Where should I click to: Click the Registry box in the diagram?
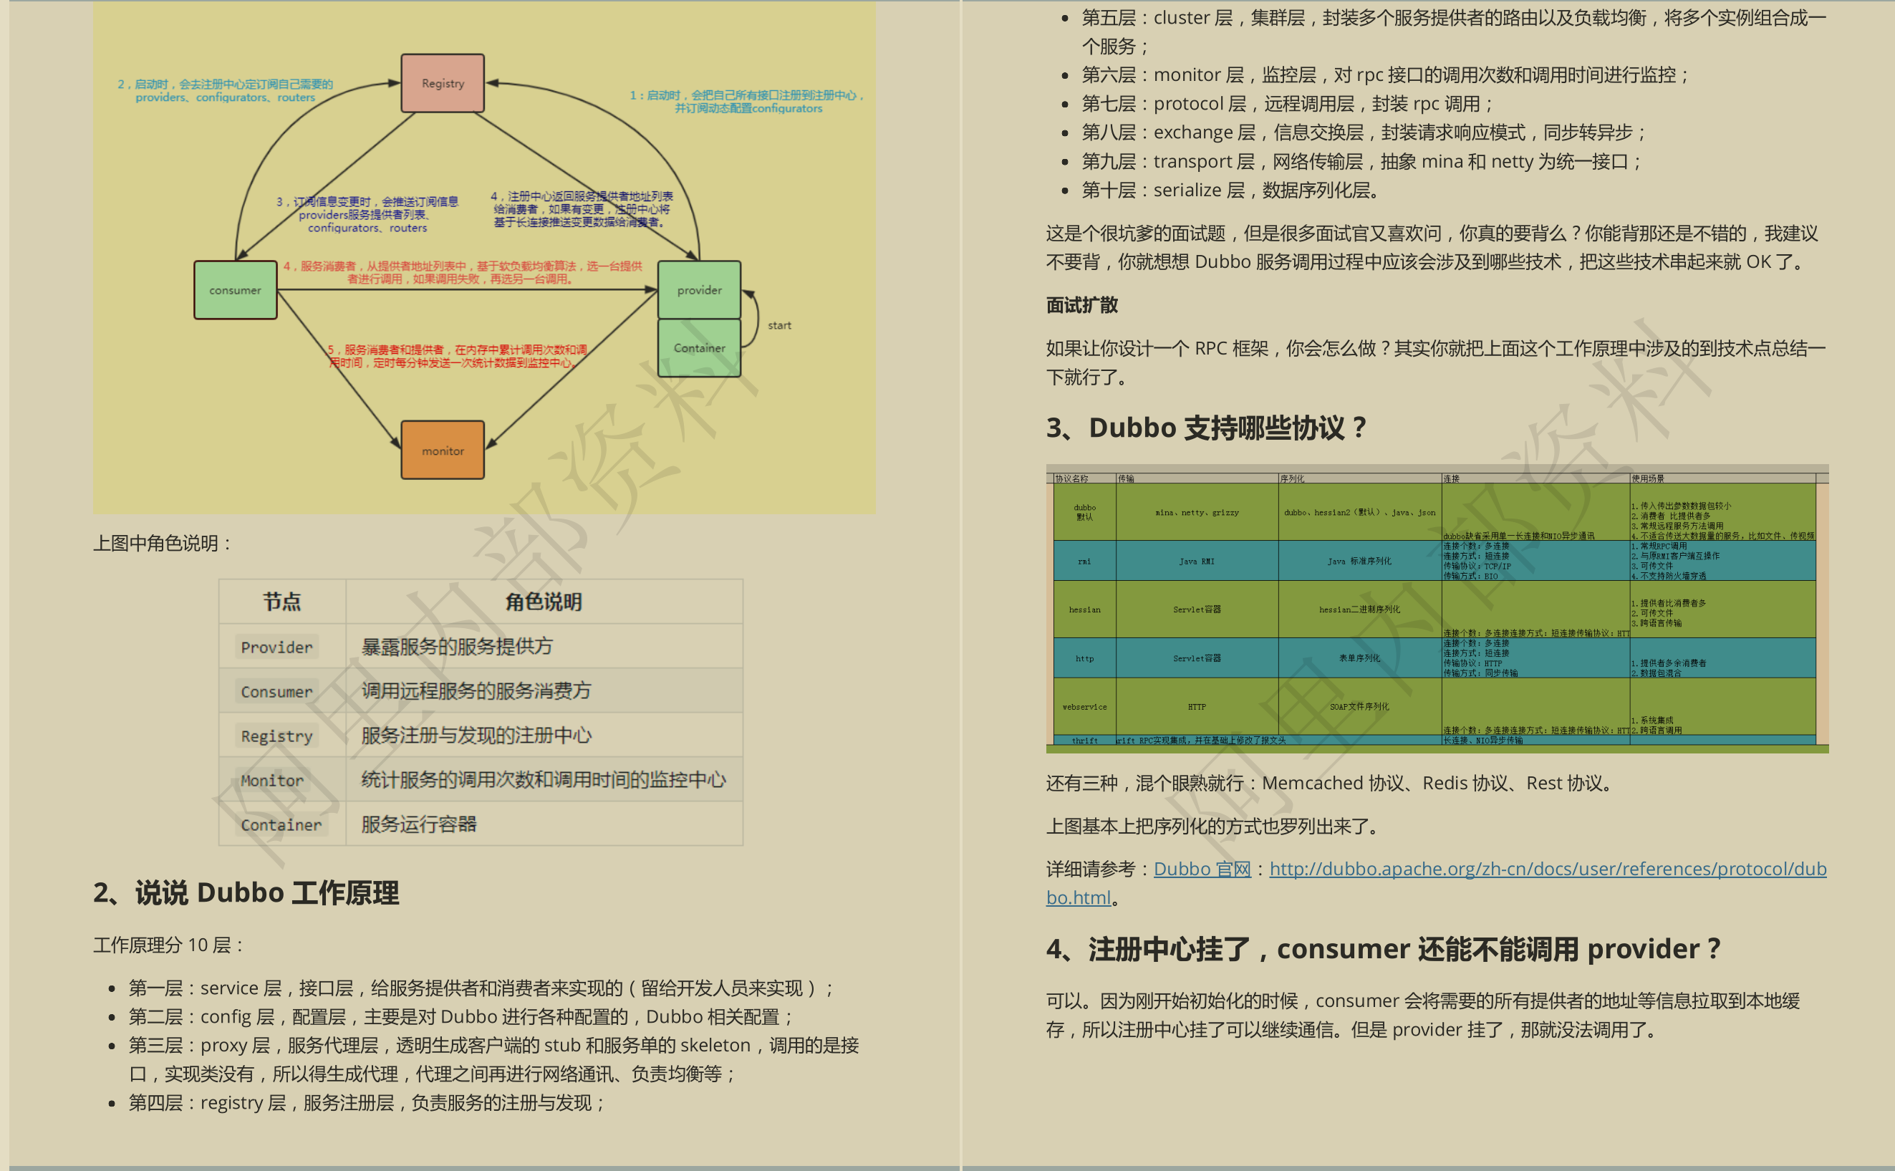(442, 83)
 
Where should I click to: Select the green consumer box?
(236, 289)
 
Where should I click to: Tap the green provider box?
(698, 289)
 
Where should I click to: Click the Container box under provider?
(698, 348)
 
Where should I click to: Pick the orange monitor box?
(442, 450)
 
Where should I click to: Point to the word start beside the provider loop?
(779, 325)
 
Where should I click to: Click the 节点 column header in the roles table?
(282, 602)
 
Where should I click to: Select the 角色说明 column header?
(544, 602)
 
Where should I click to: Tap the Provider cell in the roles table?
(276, 647)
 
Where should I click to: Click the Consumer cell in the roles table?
(276, 691)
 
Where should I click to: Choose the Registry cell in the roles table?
(276, 736)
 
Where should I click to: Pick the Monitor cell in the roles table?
(272, 780)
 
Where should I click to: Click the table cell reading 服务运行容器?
(419, 824)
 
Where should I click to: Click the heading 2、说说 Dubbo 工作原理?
(246, 893)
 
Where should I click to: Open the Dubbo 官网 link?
(1202, 869)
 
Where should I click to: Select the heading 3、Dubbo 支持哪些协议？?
(1206, 428)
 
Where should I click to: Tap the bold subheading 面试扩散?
(1082, 305)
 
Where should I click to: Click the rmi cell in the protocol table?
(1084, 562)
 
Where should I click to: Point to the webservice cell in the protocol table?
(1084, 707)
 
